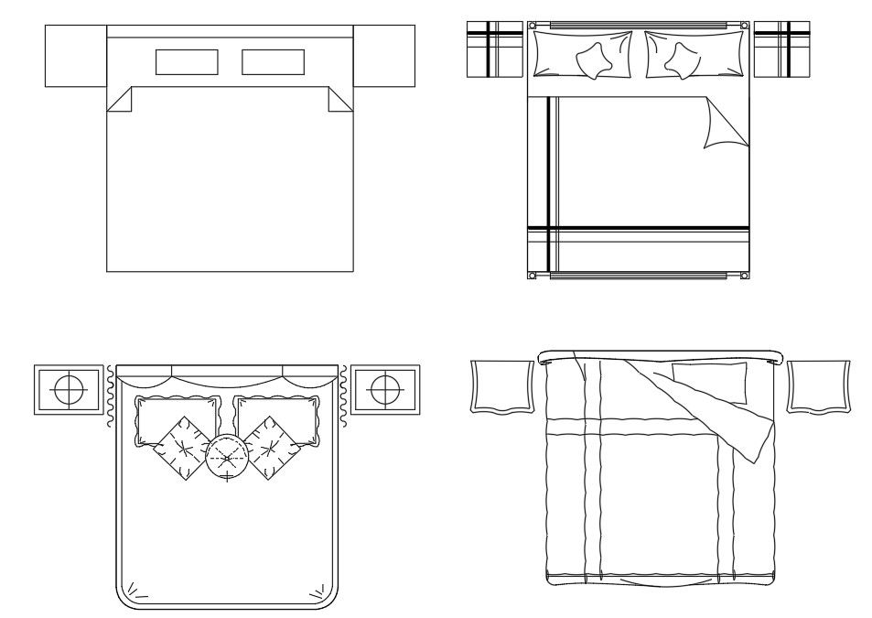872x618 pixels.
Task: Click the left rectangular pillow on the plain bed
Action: pos(187,61)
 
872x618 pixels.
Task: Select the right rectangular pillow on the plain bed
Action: pos(273,61)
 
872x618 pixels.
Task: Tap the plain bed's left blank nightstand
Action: pos(76,56)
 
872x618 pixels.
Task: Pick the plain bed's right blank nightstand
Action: pos(383,56)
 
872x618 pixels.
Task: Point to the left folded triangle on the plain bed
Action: pos(122,100)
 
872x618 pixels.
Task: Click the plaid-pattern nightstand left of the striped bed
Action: pos(494,49)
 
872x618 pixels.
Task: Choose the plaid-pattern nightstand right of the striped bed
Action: pos(781,49)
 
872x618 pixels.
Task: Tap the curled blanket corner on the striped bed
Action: pos(726,125)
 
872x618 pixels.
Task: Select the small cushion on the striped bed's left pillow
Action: pos(596,61)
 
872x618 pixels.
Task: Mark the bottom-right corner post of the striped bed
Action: pos(744,275)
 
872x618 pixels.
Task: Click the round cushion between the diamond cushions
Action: pos(226,456)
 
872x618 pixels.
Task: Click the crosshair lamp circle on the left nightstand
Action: pos(69,390)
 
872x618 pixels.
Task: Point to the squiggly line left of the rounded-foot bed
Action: pos(110,396)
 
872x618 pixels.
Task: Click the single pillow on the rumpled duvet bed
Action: pos(709,382)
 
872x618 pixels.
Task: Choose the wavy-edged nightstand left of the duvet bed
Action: pos(501,385)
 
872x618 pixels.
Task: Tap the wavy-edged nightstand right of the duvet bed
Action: pos(818,385)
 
